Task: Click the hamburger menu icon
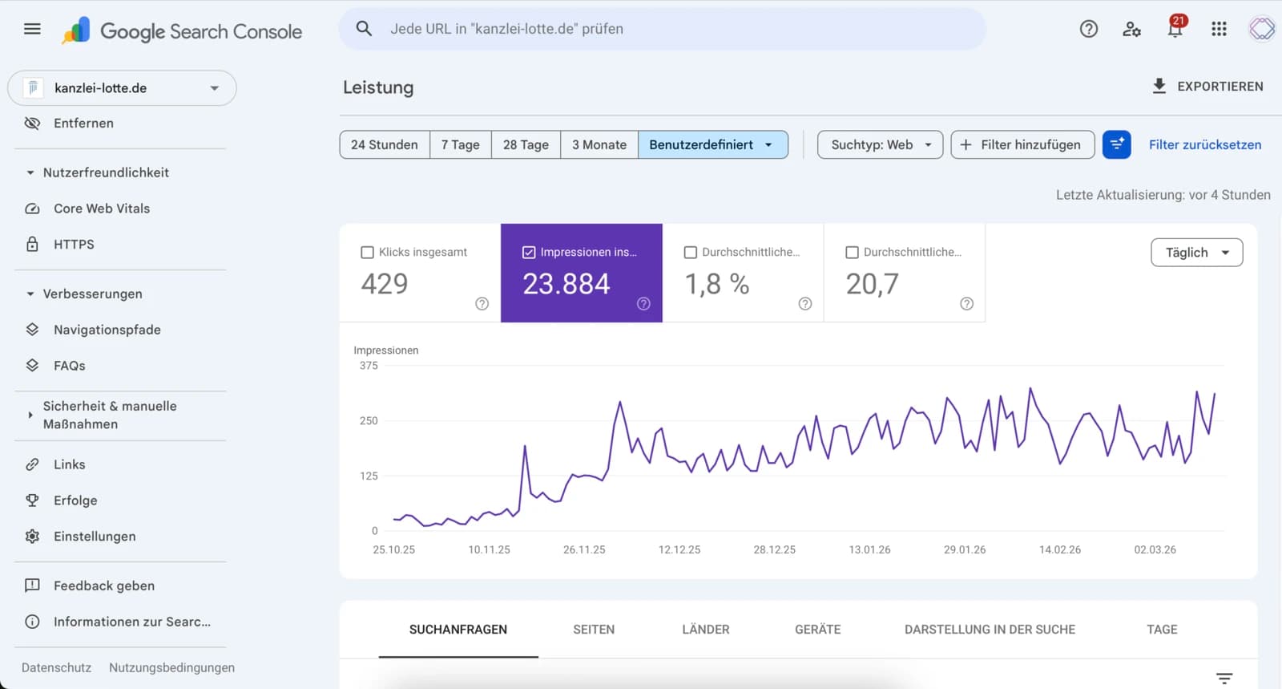pos(32,29)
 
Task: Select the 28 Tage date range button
pos(526,144)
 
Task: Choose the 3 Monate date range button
pos(599,144)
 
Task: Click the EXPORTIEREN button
pos(1207,87)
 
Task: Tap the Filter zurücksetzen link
pos(1204,144)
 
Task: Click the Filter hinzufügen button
pos(1022,144)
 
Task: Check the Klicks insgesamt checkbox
pos(368,253)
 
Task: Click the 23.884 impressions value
pos(566,284)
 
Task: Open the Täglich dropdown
pos(1196,253)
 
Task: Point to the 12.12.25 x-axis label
pos(679,549)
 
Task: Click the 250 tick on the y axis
pos(369,420)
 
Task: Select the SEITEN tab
pos(594,630)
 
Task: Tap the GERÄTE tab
pos(817,630)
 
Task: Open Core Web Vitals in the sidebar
pos(102,209)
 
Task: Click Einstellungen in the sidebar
pos(95,537)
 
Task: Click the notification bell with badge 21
pos(1175,30)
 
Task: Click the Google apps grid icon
pos(1219,30)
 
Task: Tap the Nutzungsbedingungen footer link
pos(171,667)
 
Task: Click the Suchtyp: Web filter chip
pos(880,144)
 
